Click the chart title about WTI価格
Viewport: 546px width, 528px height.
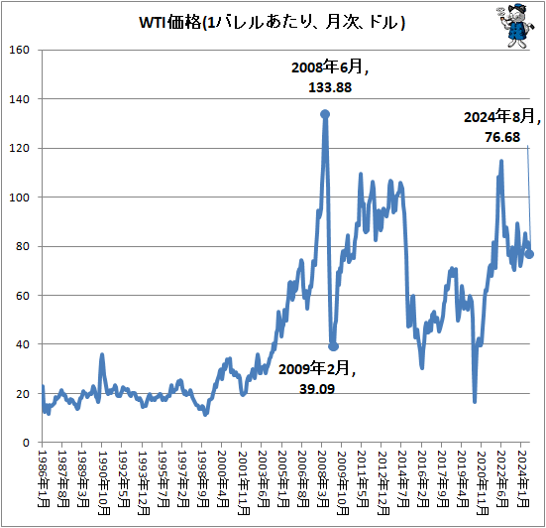tap(272, 23)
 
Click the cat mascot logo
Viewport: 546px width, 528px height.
tap(515, 25)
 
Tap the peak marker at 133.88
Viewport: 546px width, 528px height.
tap(325, 114)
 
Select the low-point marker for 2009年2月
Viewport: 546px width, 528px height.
tap(334, 346)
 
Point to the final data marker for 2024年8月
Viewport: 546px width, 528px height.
tap(529, 254)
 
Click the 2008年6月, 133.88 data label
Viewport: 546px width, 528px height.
tap(330, 77)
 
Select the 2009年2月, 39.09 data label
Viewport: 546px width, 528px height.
tap(317, 378)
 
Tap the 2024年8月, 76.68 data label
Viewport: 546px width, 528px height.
tap(502, 126)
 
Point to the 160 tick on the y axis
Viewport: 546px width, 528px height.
tap(19, 50)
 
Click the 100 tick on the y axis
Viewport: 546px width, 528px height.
tap(19, 198)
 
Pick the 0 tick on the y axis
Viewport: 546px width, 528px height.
tap(26, 443)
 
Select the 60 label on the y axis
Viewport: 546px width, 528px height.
tap(23, 296)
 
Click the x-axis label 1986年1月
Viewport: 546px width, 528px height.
tap(44, 478)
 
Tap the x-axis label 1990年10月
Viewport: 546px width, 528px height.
tap(103, 482)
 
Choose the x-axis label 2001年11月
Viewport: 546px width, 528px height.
tap(243, 482)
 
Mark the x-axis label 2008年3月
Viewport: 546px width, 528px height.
tap(323, 478)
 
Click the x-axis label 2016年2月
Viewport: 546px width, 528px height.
tap(422, 478)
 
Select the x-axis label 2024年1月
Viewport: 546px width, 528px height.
tap(522, 478)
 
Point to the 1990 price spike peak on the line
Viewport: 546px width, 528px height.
tap(102, 354)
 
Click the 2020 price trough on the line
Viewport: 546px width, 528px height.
tap(475, 402)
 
